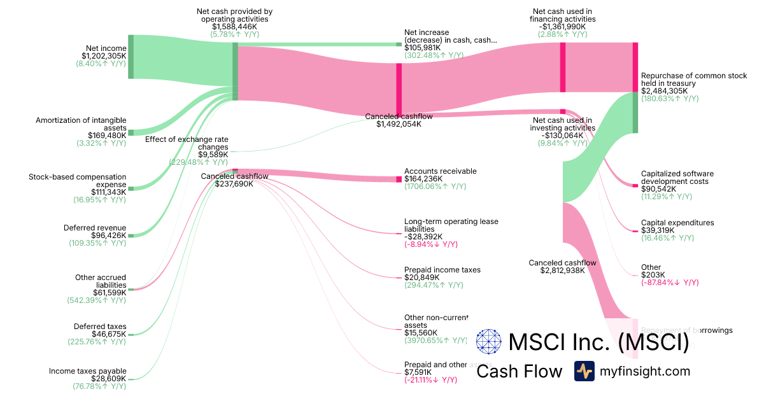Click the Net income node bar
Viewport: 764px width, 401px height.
[131, 57]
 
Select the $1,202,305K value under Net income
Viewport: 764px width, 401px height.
[99, 56]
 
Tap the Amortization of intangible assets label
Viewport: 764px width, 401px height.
[81, 123]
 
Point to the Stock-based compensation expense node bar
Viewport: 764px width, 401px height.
[131, 188]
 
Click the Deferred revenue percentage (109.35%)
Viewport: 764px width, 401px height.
[97, 243]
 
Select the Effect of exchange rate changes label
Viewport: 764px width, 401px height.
[187, 143]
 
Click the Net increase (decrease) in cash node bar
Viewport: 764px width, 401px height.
[399, 45]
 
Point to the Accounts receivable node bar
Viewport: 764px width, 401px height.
[399, 179]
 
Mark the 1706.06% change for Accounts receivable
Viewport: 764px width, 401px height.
[435, 186]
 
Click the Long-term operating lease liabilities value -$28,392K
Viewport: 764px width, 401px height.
[428, 236]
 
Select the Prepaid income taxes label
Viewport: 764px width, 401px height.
[442, 270]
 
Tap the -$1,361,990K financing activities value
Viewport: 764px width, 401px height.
[562, 27]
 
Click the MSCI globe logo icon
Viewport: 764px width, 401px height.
[489, 342]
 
